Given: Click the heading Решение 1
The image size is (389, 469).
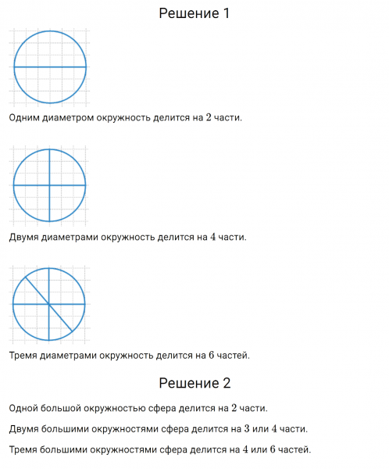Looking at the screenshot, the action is [x=194, y=13].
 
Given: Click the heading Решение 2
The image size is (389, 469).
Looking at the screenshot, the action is [x=194, y=383].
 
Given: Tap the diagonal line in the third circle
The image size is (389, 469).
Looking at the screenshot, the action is [x=61, y=317].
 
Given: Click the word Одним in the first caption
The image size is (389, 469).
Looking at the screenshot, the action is [x=23, y=118].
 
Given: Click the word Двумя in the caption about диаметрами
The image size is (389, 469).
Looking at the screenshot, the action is [x=25, y=237].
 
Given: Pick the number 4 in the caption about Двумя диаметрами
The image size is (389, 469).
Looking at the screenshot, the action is [x=212, y=237].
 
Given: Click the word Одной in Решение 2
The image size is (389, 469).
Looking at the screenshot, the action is [x=24, y=408].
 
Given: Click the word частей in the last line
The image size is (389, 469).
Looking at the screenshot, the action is [x=296, y=450].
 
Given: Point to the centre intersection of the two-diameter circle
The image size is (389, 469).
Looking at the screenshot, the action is [x=49, y=185].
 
